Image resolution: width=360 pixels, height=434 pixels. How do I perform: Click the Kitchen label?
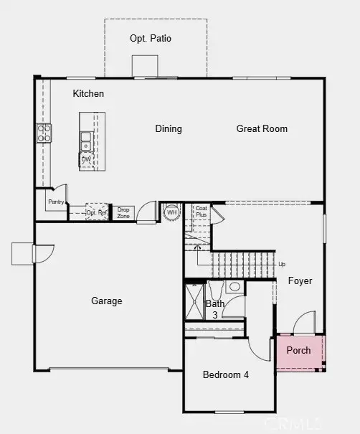tap(89, 94)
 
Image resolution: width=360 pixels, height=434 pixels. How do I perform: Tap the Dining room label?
tap(169, 129)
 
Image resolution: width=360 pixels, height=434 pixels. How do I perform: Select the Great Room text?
tap(262, 129)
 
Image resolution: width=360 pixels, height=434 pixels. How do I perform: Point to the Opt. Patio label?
tap(151, 39)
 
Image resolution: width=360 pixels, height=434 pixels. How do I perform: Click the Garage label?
tap(106, 301)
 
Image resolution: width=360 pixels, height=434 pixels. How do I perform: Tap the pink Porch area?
tap(299, 351)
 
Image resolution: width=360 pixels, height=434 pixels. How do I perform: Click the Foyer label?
tap(300, 281)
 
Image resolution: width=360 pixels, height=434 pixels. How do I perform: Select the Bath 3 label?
tap(215, 309)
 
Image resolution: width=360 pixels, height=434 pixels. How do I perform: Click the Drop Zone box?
tap(123, 212)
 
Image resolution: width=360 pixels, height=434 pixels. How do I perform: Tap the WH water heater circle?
tap(171, 212)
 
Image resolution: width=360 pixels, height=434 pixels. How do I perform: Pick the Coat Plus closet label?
tap(202, 212)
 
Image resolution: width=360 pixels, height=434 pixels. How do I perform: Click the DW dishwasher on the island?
tap(86, 159)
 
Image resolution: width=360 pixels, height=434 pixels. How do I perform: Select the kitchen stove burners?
tap(44, 132)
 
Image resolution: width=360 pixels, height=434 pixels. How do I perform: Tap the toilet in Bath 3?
tap(235, 288)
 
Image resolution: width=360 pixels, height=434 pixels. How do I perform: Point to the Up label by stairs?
tap(282, 264)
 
